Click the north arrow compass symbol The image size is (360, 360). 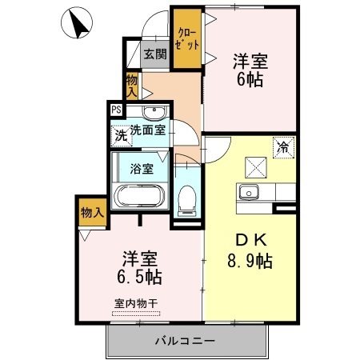(77, 22)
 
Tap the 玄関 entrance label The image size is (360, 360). (155, 54)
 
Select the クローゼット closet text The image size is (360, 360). (187, 39)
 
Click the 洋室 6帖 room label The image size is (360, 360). (250, 70)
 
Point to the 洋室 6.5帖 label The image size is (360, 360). (139, 267)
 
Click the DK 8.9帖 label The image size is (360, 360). (250, 250)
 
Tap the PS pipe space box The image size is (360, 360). (116, 110)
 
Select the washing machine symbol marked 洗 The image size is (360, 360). (122, 136)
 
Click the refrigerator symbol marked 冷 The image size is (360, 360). (284, 147)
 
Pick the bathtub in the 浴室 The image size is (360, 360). (139, 196)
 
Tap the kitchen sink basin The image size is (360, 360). (249, 192)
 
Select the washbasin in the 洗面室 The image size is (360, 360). (154, 112)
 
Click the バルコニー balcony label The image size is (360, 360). (185, 341)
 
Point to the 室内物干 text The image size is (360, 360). (136, 303)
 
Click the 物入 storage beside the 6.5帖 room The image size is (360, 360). (92, 213)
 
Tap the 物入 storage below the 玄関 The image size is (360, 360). (132, 86)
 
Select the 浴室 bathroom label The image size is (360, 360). (142, 169)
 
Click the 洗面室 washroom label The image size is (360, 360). (148, 130)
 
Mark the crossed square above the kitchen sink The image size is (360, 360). (256, 168)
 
